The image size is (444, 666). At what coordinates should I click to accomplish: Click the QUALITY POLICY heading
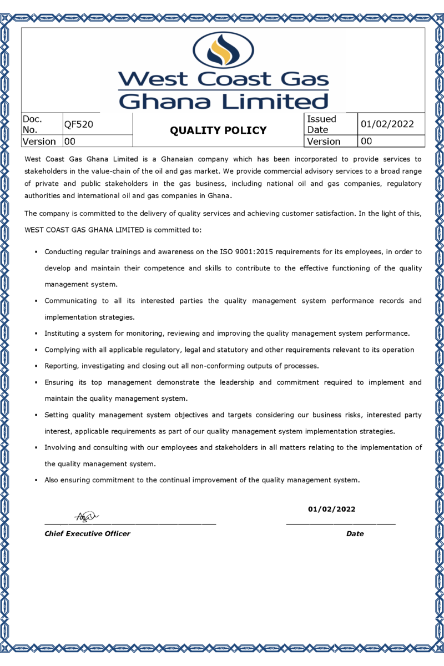(x=218, y=130)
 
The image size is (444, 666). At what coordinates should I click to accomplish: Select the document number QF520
(x=78, y=125)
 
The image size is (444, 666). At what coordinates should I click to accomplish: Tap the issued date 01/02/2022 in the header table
(x=387, y=124)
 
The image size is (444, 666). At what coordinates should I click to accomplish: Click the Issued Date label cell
(x=322, y=124)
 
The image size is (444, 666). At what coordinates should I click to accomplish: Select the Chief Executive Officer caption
(x=87, y=534)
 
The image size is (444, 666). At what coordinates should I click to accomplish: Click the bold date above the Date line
(x=332, y=509)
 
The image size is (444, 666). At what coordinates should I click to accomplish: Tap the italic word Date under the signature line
(x=355, y=534)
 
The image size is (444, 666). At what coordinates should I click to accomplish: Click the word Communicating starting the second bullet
(x=69, y=301)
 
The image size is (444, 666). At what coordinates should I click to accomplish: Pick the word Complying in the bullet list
(x=63, y=350)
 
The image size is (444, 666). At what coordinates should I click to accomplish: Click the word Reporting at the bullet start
(x=63, y=366)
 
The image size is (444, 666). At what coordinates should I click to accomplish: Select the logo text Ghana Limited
(x=224, y=101)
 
